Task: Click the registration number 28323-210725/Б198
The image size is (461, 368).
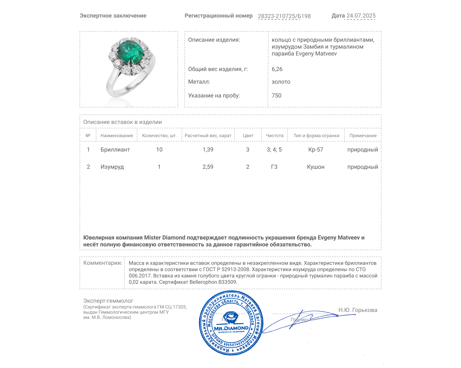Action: click(x=284, y=16)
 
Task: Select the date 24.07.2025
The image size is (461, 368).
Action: click(x=361, y=16)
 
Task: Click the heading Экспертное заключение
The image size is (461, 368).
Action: click(x=113, y=16)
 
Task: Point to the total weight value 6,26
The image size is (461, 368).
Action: click(x=277, y=69)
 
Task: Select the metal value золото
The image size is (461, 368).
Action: click(x=281, y=82)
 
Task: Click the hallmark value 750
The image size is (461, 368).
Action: click(x=276, y=95)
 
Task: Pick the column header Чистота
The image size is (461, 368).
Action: click(x=275, y=135)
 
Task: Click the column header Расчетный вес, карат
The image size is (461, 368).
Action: click(x=208, y=135)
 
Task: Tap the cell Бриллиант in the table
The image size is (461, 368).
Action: click(x=115, y=149)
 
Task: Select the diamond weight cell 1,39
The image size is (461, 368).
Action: click(x=208, y=149)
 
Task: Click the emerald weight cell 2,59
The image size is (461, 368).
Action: click(x=208, y=167)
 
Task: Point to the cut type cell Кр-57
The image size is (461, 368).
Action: click(x=316, y=149)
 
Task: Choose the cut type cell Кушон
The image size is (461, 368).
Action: click(x=316, y=167)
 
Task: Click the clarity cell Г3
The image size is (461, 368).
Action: click(x=274, y=167)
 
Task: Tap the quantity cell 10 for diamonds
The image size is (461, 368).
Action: click(x=159, y=149)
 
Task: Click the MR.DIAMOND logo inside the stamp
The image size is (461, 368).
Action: click(x=231, y=328)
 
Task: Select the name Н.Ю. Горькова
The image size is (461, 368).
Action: click(x=358, y=310)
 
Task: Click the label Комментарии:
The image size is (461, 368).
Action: click(x=103, y=263)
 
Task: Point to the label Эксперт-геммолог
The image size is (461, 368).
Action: click(x=108, y=301)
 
